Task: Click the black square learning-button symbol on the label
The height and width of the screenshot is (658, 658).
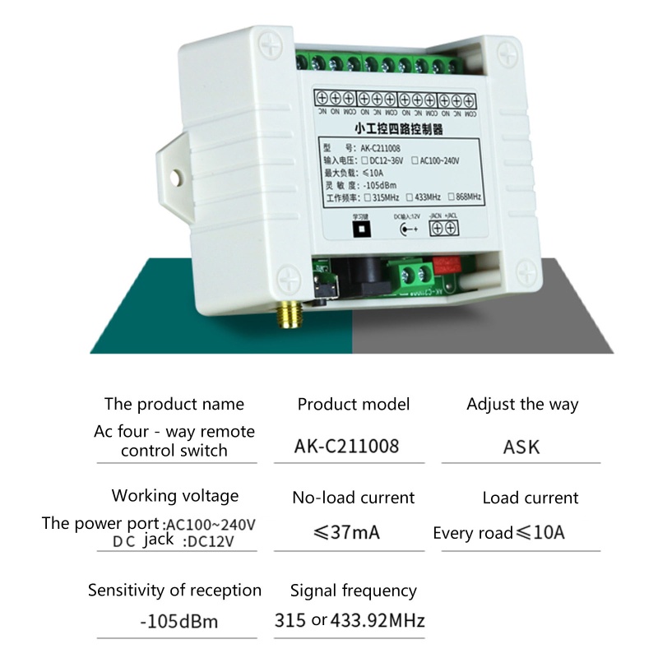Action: click(x=358, y=230)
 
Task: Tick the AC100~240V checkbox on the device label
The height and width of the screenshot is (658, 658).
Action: click(x=416, y=160)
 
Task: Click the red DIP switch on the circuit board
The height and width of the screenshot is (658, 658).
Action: click(x=447, y=263)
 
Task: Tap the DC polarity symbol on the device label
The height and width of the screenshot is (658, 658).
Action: click(x=406, y=230)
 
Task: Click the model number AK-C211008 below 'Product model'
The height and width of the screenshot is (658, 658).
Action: click(x=346, y=446)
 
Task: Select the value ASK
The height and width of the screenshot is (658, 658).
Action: click(x=521, y=447)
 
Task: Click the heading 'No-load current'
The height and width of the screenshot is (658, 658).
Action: click(x=353, y=497)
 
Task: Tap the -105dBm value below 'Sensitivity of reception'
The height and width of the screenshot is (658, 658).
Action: click(x=178, y=621)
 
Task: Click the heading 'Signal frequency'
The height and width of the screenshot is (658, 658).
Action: click(x=353, y=591)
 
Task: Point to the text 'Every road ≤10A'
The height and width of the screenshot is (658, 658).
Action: click(x=498, y=533)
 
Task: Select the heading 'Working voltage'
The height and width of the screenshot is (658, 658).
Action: click(x=175, y=495)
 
